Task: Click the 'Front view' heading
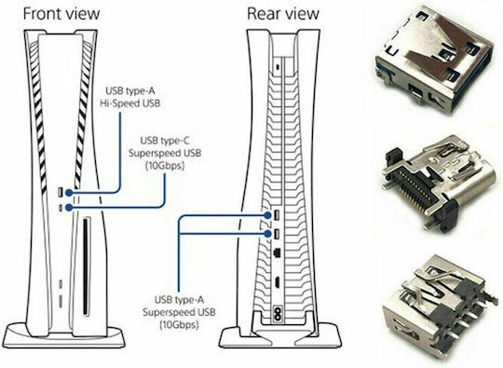[x=61, y=14]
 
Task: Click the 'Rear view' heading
[x=283, y=14]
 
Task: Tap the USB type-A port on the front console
[x=61, y=193]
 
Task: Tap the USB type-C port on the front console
[x=61, y=208]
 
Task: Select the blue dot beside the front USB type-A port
[x=69, y=193]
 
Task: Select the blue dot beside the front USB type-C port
[x=69, y=208]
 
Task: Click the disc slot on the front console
[x=86, y=267]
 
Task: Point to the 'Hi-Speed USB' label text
[x=129, y=103]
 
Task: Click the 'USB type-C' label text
[x=165, y=141]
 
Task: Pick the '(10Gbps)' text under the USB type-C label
[x=165, y=166]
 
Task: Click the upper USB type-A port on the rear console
[x=277, y=215]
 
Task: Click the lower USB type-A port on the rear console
[x=277, y=234]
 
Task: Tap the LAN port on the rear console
[x=277, y=252]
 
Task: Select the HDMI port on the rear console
[x=277, y=282]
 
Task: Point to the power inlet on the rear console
[x=277, y=313]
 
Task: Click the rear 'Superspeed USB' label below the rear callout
[x=179, y=312]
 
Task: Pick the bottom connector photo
[x=440, y=308]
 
